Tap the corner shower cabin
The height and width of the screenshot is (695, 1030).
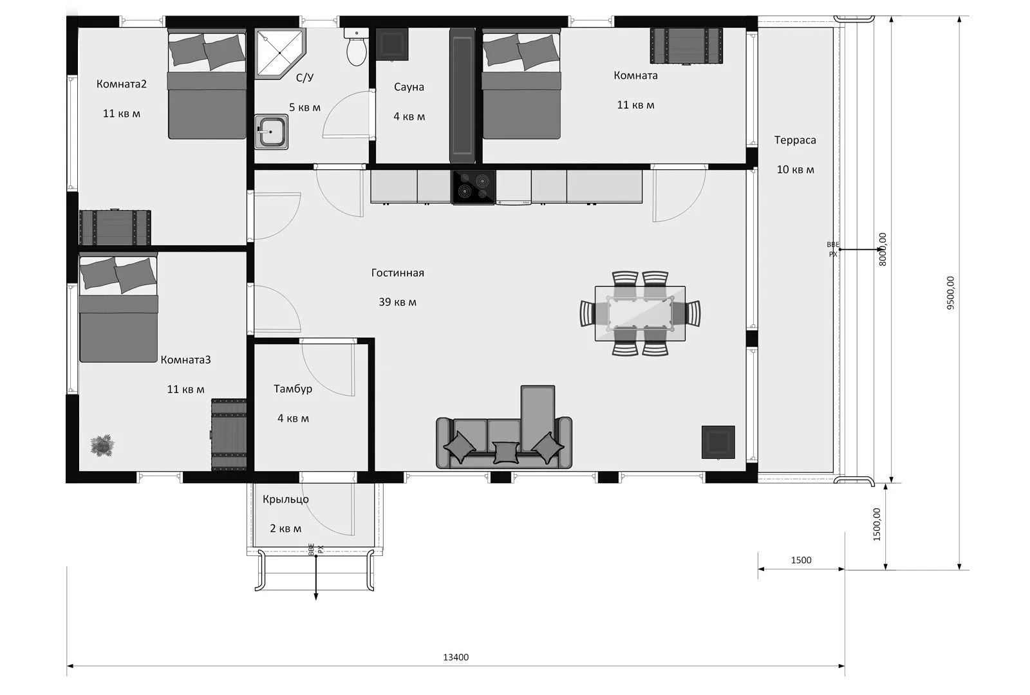pos(279,53)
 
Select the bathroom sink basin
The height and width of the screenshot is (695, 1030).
pos(271,132)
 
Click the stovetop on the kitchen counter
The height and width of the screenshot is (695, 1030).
pos(474,187)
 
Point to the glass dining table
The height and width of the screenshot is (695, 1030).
pos(640,313)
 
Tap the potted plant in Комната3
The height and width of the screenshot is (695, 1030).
pos(102,445)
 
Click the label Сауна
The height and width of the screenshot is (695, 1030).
pos(409,87)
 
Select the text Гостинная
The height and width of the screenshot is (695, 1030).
pos(398,273)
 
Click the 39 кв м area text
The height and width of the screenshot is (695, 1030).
pos(398,302)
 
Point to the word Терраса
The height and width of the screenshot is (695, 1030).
pos(795,140)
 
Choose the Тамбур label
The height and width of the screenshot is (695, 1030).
pos(293,389)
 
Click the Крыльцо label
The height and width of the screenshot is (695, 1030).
pos(286,499)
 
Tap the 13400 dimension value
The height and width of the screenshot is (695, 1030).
pos(456,657)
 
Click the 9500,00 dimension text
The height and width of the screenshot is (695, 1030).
pos(950,293)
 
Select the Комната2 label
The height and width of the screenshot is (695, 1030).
pos(122,84)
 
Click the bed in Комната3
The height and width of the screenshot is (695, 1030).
pos(118,309)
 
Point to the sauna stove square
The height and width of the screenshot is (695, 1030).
pos(392,44)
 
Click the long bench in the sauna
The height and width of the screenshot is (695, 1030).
pos(462,95)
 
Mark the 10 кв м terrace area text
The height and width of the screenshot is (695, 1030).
pos(796,170)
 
